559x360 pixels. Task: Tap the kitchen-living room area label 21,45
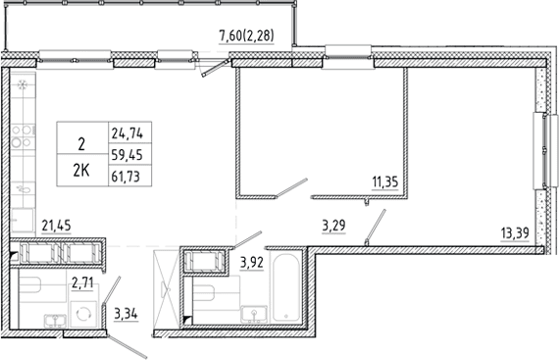56,226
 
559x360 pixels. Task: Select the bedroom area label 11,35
385,182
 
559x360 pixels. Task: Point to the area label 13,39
515,233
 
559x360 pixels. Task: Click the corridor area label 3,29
333,226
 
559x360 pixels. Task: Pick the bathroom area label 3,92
252,263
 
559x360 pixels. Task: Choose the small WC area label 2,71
82,283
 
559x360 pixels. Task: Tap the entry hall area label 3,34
126,315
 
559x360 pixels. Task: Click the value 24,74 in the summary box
127,133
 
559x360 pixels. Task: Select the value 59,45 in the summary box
127,155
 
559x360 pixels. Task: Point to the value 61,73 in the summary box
126,177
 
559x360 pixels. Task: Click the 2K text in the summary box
81,172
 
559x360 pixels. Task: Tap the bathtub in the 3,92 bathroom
286,287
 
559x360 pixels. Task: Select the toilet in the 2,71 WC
30,284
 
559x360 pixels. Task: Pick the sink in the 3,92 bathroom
254,315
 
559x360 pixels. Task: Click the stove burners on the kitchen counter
23,136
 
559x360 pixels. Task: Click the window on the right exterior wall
544,150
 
